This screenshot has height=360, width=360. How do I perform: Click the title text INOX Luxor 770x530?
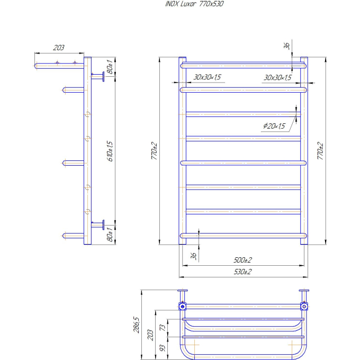(194, 4)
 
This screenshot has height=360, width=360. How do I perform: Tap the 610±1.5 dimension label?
(110, 151)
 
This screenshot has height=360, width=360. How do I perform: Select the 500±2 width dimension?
(242, 260)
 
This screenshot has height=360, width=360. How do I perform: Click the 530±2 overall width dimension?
(242, 272)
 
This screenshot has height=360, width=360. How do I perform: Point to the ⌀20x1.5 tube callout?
(274, 126)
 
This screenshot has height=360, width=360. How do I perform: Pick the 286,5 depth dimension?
(136, 325)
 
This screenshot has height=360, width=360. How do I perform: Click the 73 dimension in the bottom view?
(163, 328)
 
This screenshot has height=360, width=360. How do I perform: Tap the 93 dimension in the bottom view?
(163, 348)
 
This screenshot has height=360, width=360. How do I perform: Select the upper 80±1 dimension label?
(110, 67)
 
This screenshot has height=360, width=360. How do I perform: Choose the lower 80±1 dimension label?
(110, 234)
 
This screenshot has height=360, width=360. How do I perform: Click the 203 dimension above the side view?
(59, 48)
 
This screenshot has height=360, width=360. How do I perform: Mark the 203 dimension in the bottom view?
(150, 335)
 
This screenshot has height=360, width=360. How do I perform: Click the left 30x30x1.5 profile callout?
(207, 77)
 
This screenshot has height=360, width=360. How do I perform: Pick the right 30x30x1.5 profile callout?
(277, 78)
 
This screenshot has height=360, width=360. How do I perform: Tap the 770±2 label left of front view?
(154, 151)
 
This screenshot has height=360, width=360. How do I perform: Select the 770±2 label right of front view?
(320, 151)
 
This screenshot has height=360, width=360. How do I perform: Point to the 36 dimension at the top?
(286, 46)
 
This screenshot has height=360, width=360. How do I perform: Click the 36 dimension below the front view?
(194, 256)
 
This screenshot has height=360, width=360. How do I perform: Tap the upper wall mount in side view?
(98, 76)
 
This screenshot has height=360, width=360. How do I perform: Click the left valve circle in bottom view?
(183, 307)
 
